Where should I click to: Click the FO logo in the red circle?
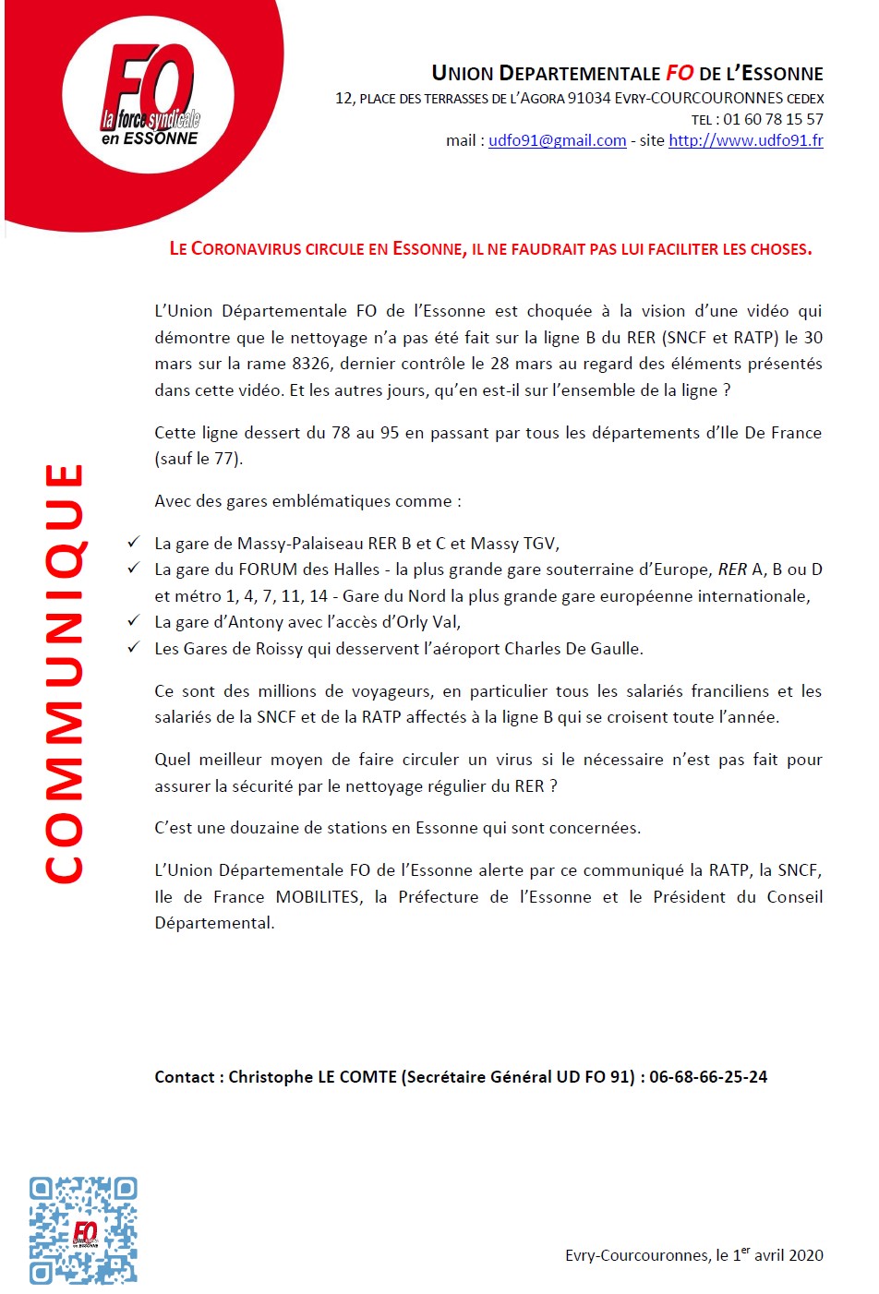147,95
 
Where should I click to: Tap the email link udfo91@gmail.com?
557,140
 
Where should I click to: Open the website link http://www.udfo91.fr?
745,140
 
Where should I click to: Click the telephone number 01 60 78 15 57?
773,119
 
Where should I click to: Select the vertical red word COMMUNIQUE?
65,674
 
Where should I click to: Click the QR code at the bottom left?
83,1229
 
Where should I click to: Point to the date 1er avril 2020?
777,1254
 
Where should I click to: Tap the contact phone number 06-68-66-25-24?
708,1076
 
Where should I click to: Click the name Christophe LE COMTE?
312,1076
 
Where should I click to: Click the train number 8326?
311,364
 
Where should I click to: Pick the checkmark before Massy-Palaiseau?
135,543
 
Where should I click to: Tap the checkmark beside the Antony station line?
135,621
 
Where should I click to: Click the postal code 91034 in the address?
588,98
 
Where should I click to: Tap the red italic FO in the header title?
680,73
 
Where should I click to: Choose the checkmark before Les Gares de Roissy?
135,648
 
